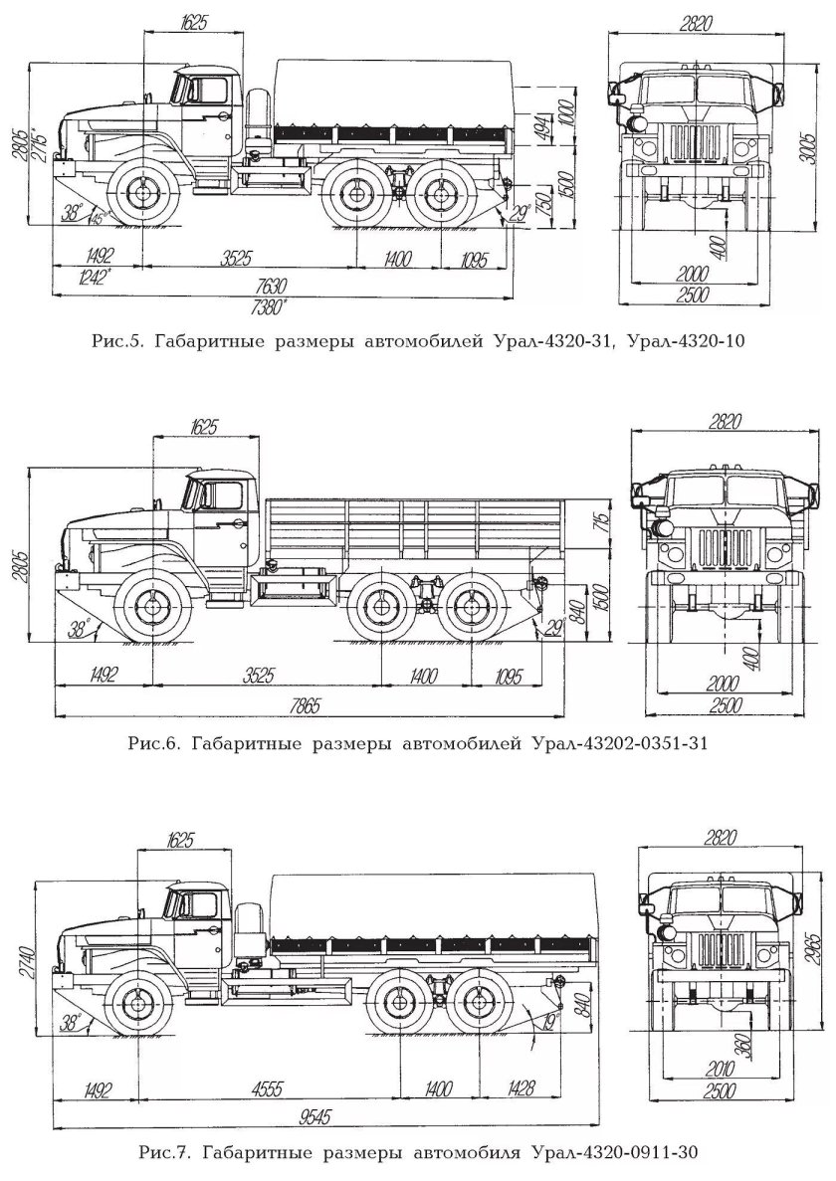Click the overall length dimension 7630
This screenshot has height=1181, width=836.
pos(268,285)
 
